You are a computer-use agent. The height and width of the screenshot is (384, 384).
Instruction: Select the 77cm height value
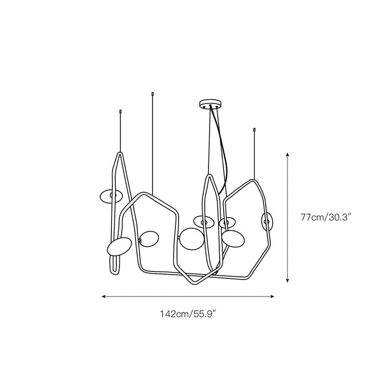312,217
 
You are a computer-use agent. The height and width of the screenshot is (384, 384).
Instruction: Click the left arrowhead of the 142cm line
103,297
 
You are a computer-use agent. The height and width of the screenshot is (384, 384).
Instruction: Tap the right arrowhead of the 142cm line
272,297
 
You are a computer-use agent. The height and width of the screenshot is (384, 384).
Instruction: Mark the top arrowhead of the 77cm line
288,154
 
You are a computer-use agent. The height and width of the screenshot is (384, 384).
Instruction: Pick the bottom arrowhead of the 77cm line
288,280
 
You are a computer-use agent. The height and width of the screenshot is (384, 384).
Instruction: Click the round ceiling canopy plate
210,104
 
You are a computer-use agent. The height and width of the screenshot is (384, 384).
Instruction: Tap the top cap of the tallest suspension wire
153,94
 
